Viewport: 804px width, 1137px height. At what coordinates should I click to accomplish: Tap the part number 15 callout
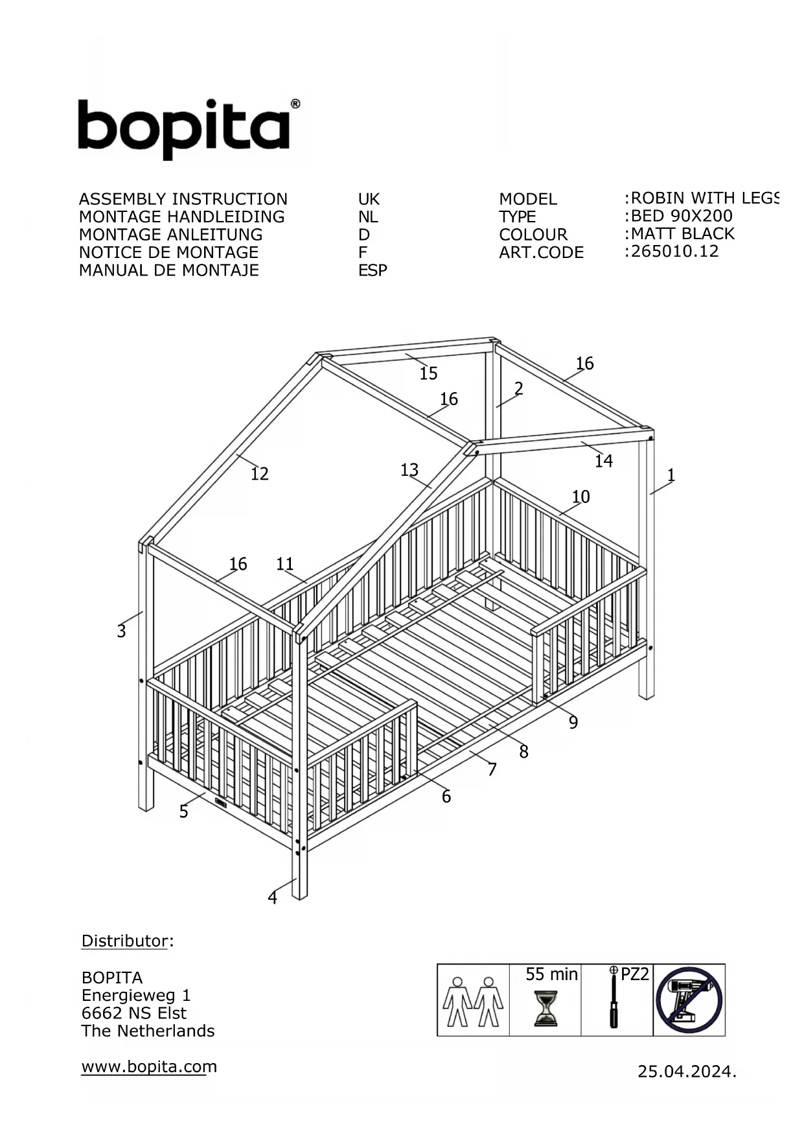pyautogui.click(x=428, y=373)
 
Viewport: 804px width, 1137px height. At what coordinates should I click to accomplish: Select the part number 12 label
pyautogui.click(x=259, y=474)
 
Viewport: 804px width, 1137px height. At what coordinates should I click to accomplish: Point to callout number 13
pyautogui.click(x=409, y=469)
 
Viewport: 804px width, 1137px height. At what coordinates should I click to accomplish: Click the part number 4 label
pyautogui.click(x=272, y=897)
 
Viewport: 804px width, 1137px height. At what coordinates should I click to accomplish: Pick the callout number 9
pyautogui.click(x=573, y=722)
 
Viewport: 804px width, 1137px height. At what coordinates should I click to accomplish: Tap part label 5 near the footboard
pyautogui.click(x=184, y=812)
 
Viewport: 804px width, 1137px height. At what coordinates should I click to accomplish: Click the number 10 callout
pyautogui.click(x=580, y=497)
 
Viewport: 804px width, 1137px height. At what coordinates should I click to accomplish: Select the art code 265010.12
pyautogui.click(x=674, y=251)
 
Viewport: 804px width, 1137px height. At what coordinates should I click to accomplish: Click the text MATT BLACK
pyautogui.click(x=683, y=233)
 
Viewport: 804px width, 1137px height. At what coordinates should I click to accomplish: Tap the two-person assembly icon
pyautogui.click(x=473, y=1002)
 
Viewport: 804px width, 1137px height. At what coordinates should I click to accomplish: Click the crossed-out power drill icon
pyautogui.click(x=689, y=1000)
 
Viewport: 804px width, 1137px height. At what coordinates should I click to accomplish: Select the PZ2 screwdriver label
pyautogui.click(x=634, y=974)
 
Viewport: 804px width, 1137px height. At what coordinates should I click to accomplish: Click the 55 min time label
pyautogui.click(x=551, y=974)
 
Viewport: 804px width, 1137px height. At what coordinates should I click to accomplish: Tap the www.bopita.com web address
pyautogui.click(x=149, y=1066)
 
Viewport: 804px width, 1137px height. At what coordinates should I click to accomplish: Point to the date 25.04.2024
pyautogui.click(x=687, y=1072)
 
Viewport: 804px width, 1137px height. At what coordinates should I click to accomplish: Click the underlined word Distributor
pyautogui.click(x=124, y=941)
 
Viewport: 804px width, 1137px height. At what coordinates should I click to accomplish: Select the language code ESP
pyautogui.click(x=373, y=270)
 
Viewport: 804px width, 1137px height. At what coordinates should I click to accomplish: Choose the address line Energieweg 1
pyautogui.click(x=136, y=995)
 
